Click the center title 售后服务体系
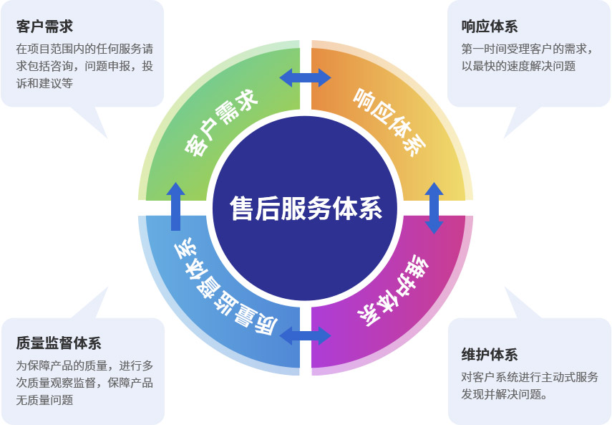[306, 209]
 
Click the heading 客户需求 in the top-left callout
[44, 27]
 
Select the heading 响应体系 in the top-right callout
[490, 27]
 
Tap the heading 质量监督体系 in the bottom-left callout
[59, 343]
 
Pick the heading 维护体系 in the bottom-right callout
[490, 355]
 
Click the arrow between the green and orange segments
[306, 77]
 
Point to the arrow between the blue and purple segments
[306, 335]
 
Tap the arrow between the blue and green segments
[176, 206]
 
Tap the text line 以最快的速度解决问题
[518, 66]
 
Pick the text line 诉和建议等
[44, 82]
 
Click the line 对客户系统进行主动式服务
[530, 377]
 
